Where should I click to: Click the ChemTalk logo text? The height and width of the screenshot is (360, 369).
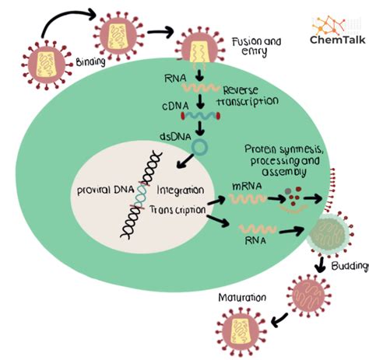click(333, 40)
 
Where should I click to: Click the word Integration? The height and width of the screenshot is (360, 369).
click(181, 190)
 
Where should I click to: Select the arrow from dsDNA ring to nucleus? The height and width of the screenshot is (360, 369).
click(184, 161)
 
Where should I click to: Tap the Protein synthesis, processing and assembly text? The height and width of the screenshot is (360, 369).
click(283, 159)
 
